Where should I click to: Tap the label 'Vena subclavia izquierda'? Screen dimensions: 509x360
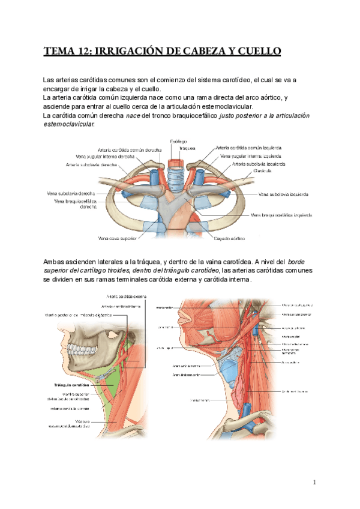pos(284,194)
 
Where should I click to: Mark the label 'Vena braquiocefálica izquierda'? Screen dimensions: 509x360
pos(281,214)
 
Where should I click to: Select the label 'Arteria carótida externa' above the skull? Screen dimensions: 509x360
pos(127,295)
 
